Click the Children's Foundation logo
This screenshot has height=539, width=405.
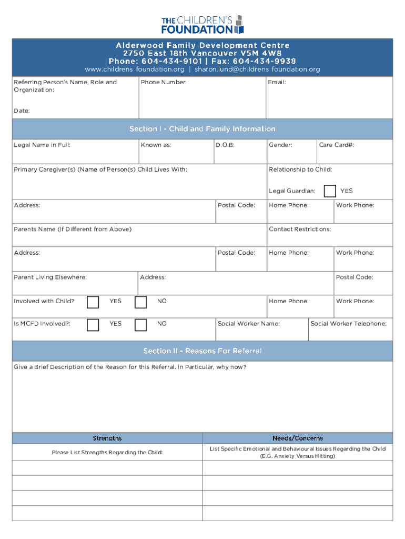pyautogui.click(x=202, y=24)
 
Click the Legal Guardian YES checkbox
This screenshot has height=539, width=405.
pyautogui.click(x=330, y=191)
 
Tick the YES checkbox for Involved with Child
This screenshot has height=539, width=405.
pyautogui.click(x=93, y=302)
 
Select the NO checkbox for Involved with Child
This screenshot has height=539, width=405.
pyautogui.click(x=140, y=302)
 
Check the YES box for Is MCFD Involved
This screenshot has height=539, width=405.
pyautogui.click(x=93, y=324)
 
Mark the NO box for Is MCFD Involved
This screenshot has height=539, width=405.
pyautogui.click(x=140, y=324)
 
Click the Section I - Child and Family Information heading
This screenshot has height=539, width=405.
pyautogui.click(x=202, y=129)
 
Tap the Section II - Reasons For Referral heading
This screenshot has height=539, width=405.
pyautogui.click(x=202, y=351)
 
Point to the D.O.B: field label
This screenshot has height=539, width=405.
pyautogui.click(x=225, y=145)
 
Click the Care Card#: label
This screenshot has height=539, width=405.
pyautogui.click(x=337, y=145)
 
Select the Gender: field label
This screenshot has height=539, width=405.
pyautogui.click(x=281, y=145)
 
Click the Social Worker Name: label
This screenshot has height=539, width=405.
pyautogui.click(x=249, y=324)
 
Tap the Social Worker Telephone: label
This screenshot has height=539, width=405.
pyautogui.click(x=348, y=324)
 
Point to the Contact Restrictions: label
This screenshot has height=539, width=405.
pyautogui.click(x=300, y=229)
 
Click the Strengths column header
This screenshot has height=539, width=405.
pyautogui.click(x=107, y=438)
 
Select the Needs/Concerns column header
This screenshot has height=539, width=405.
pyautogui.click(x=298, y=438)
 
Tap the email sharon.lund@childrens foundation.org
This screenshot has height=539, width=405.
pyautogui.click(x=257, y=69)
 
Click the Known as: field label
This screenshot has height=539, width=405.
pyautogui.click(x=156, y=145)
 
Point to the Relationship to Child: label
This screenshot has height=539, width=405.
pyautogui.click(x=300, y=169)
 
